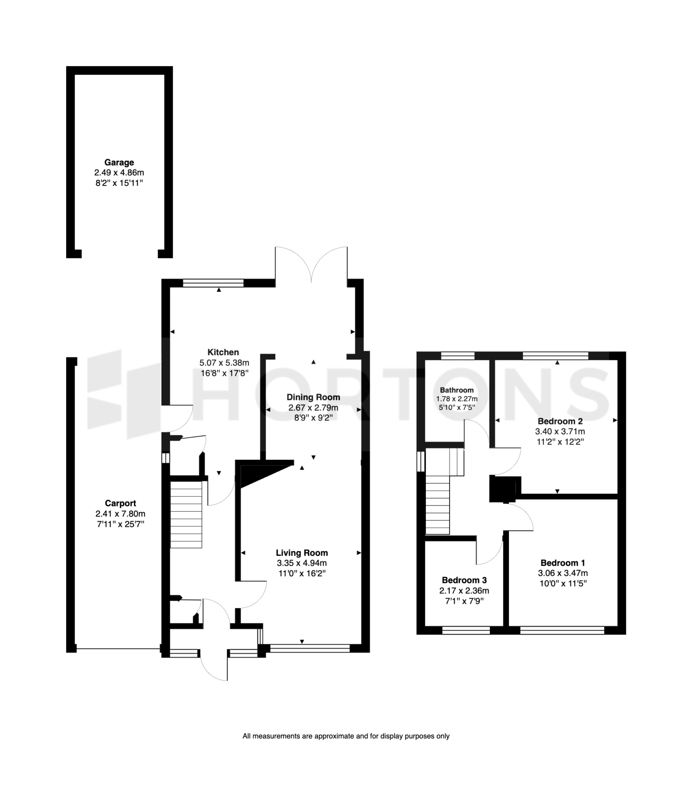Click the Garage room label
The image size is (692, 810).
coord(119,162)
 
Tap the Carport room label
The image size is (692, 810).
coord(120,503)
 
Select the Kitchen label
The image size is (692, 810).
coord(223,352)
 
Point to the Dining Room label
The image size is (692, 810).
coord(313,397)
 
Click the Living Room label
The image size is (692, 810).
coord(302,553)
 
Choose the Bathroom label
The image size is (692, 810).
coord(457,390)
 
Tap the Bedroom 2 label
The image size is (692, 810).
coord(560,421)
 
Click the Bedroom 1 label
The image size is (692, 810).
coord(562,563)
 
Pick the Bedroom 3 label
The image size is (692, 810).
coord(464,580)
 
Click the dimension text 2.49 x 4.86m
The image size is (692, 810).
coord(119,173)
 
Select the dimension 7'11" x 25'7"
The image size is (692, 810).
coord(120,524)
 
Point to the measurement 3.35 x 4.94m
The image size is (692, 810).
coord(302,563)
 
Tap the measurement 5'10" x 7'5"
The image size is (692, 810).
coord(457,407)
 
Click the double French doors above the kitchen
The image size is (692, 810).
coord(311,266)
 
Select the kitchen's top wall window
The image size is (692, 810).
coord(214,283)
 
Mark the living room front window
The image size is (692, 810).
coord(310,648)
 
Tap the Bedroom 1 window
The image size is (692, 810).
coord(562,630)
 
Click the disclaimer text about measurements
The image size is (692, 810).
coord(346,736)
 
